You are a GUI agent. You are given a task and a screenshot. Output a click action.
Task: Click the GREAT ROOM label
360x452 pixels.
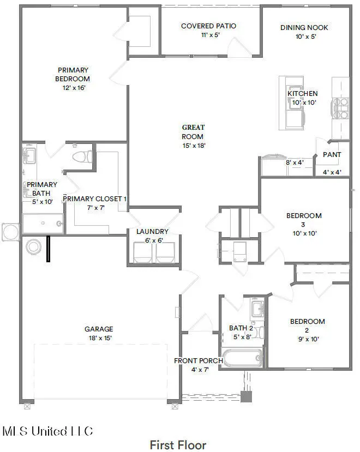193,132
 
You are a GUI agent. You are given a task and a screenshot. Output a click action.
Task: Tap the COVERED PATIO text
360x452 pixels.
208,26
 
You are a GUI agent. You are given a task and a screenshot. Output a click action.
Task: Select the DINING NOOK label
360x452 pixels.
304,28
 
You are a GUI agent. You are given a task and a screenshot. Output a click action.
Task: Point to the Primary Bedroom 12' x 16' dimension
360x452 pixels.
74,88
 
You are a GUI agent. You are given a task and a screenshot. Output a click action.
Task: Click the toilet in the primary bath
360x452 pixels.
82,157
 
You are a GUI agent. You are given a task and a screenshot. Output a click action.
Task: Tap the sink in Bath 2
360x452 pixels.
257,309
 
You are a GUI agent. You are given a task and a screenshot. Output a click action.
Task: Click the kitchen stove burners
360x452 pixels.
341,108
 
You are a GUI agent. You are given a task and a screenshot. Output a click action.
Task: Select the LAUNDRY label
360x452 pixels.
152,232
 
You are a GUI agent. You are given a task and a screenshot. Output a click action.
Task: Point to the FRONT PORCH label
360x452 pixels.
199,360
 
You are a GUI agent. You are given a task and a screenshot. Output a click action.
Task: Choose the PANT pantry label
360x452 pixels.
332,155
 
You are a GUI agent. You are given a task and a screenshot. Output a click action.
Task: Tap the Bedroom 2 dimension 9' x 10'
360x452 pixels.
308,339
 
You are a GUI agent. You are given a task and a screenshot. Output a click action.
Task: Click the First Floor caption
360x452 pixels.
178,445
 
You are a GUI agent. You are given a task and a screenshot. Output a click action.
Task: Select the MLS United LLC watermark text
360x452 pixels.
47,431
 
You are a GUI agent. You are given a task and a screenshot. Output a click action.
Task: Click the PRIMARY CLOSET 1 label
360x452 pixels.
94,199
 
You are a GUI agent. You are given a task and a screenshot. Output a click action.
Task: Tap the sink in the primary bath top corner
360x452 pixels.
29,155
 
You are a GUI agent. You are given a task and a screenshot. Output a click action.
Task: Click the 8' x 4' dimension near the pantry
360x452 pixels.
295,162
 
